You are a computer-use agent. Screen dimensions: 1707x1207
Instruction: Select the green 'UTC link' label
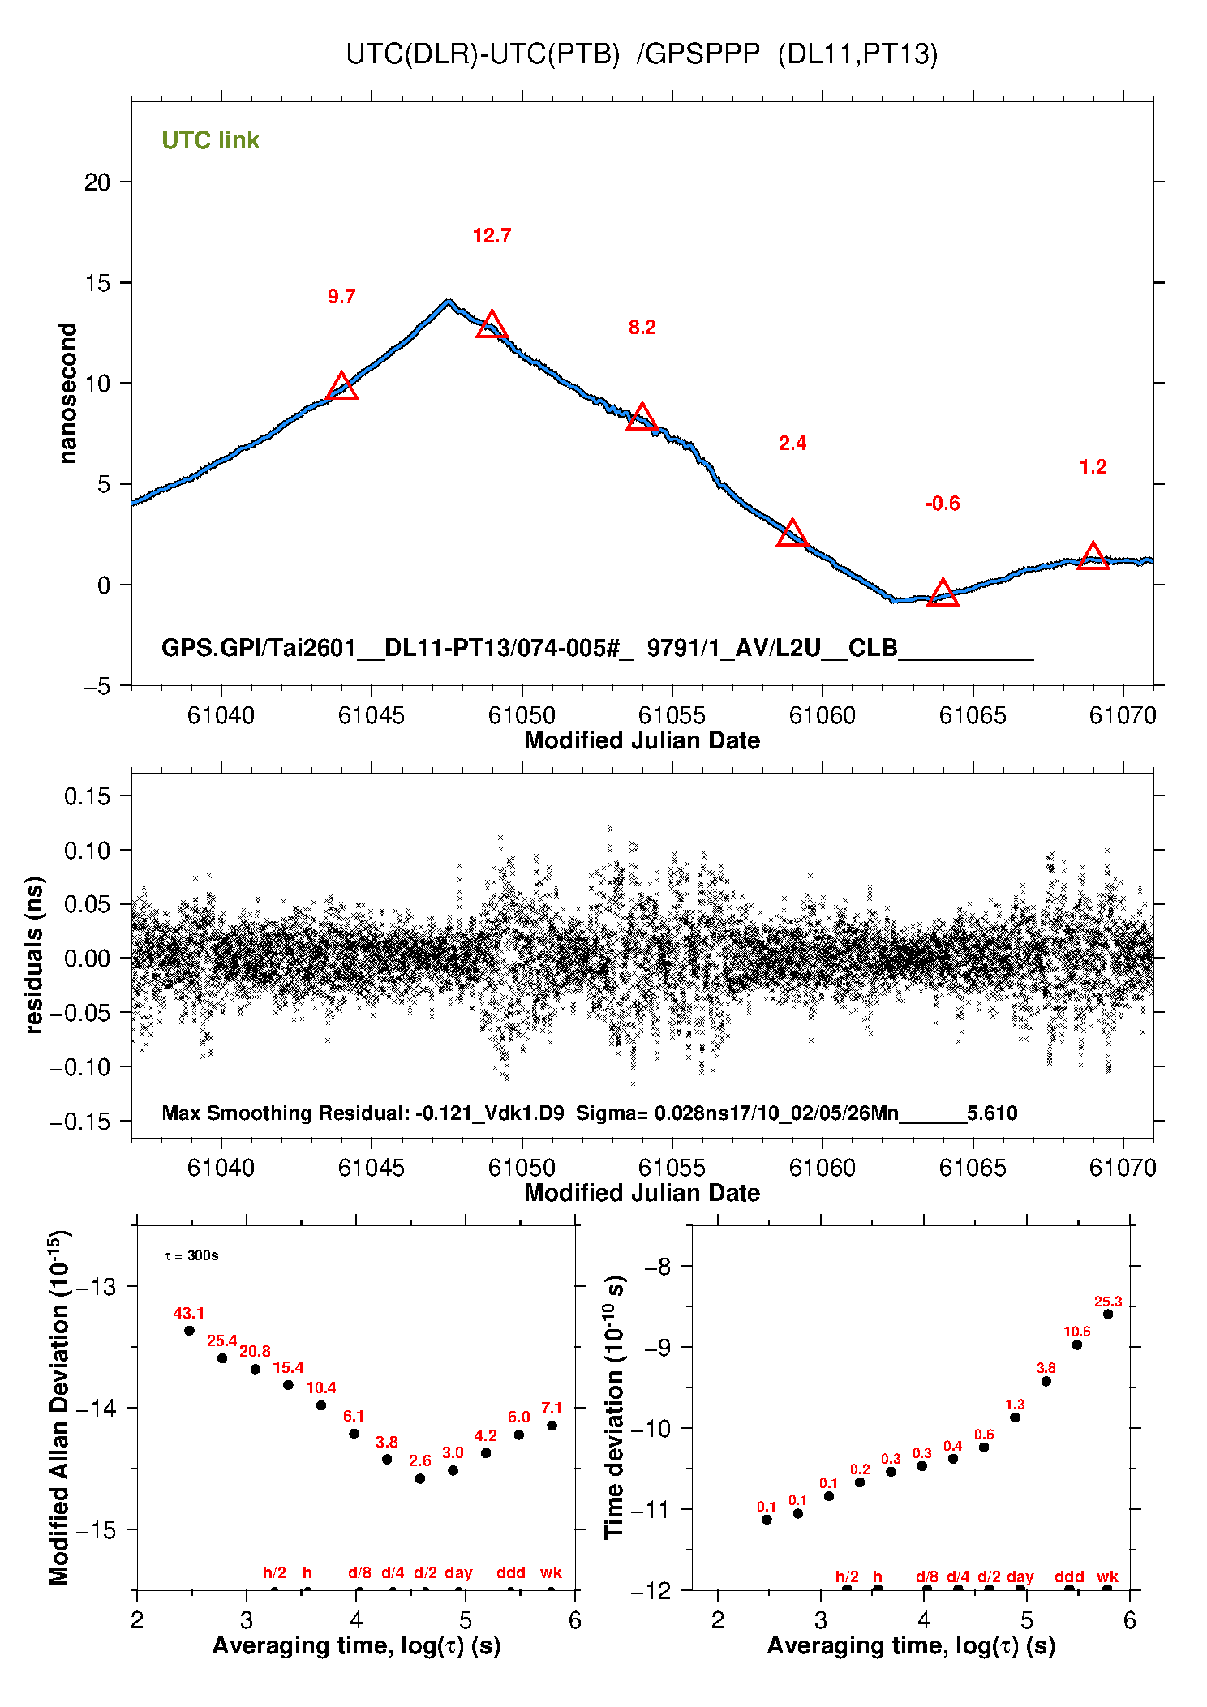click(210, 140)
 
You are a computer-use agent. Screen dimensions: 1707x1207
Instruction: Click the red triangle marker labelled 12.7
click(492, 326)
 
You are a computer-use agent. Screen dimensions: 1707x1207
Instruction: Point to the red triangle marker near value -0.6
click(943, 594)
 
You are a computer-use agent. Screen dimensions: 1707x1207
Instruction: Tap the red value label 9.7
click(341, 297)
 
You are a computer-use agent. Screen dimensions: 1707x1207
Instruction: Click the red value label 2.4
click(792, 444)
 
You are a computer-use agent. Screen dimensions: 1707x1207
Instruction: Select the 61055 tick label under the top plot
click(672, 715)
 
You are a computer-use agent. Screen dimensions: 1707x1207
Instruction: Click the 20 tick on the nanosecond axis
click(97, 182)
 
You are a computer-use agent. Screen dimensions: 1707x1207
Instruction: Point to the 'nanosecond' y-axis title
click(67, 393)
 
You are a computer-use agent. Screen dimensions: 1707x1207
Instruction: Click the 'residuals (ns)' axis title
click(34, 954)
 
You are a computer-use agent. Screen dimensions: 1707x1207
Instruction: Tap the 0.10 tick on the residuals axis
click(87, 851)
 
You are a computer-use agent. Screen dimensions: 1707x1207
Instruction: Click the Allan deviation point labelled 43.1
click(189, 1331)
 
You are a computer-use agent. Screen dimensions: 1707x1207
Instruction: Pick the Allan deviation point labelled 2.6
click(420, 1479)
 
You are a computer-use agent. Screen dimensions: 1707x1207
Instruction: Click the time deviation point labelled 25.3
click(1108, 1315)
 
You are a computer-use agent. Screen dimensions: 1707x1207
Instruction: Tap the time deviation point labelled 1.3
click(1015, 1417)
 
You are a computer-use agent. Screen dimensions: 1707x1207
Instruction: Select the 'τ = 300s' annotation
click(191, 1256)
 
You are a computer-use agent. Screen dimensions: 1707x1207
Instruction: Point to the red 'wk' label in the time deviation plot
click(1107, 1577)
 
